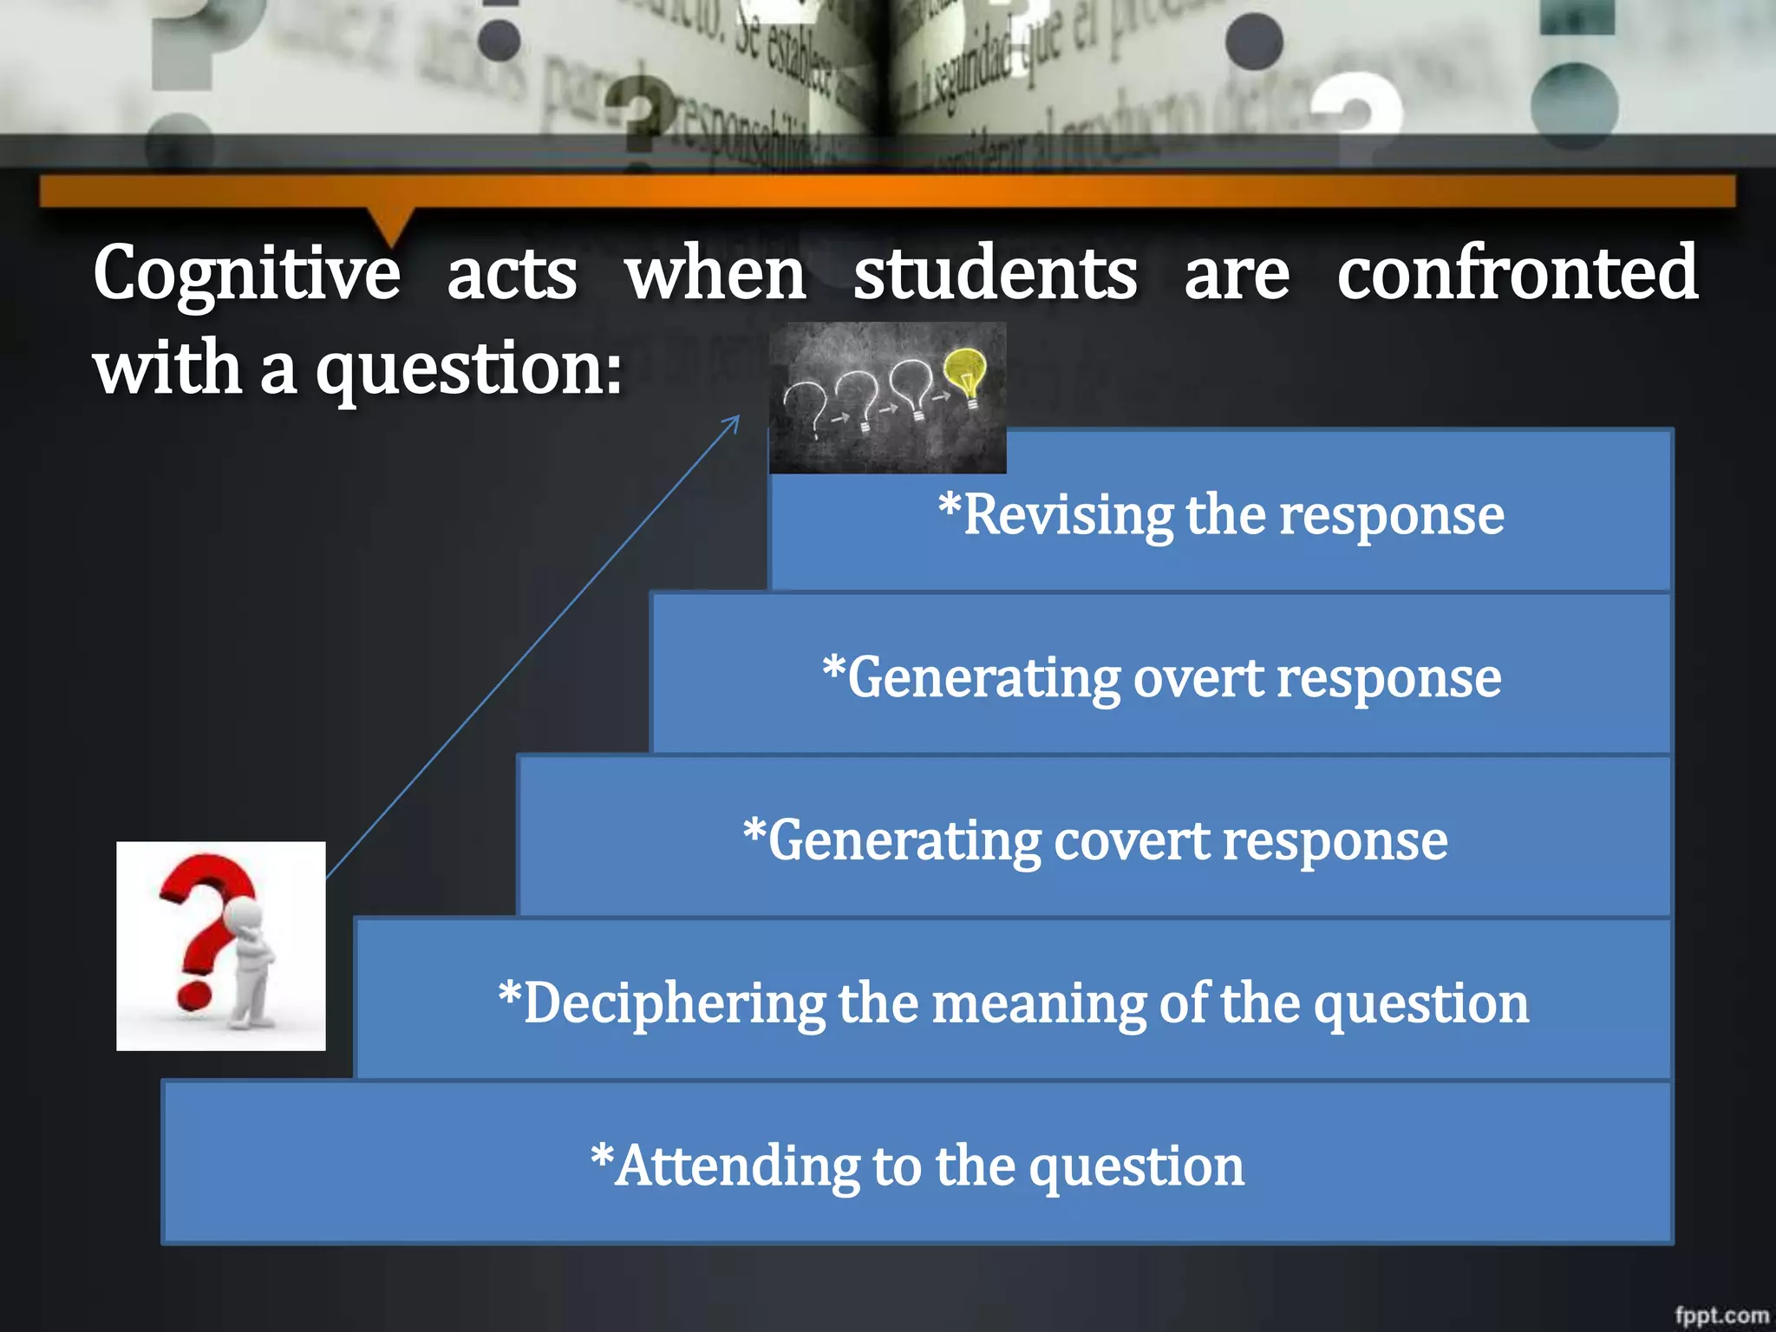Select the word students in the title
[995, 274]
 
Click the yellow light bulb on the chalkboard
[966, 373]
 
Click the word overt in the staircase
[1198, 678]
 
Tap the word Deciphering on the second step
[674, 1004]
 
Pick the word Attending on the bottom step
[737, 1166]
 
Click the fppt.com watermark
[1721, 1315]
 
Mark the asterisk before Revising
[950, 506]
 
